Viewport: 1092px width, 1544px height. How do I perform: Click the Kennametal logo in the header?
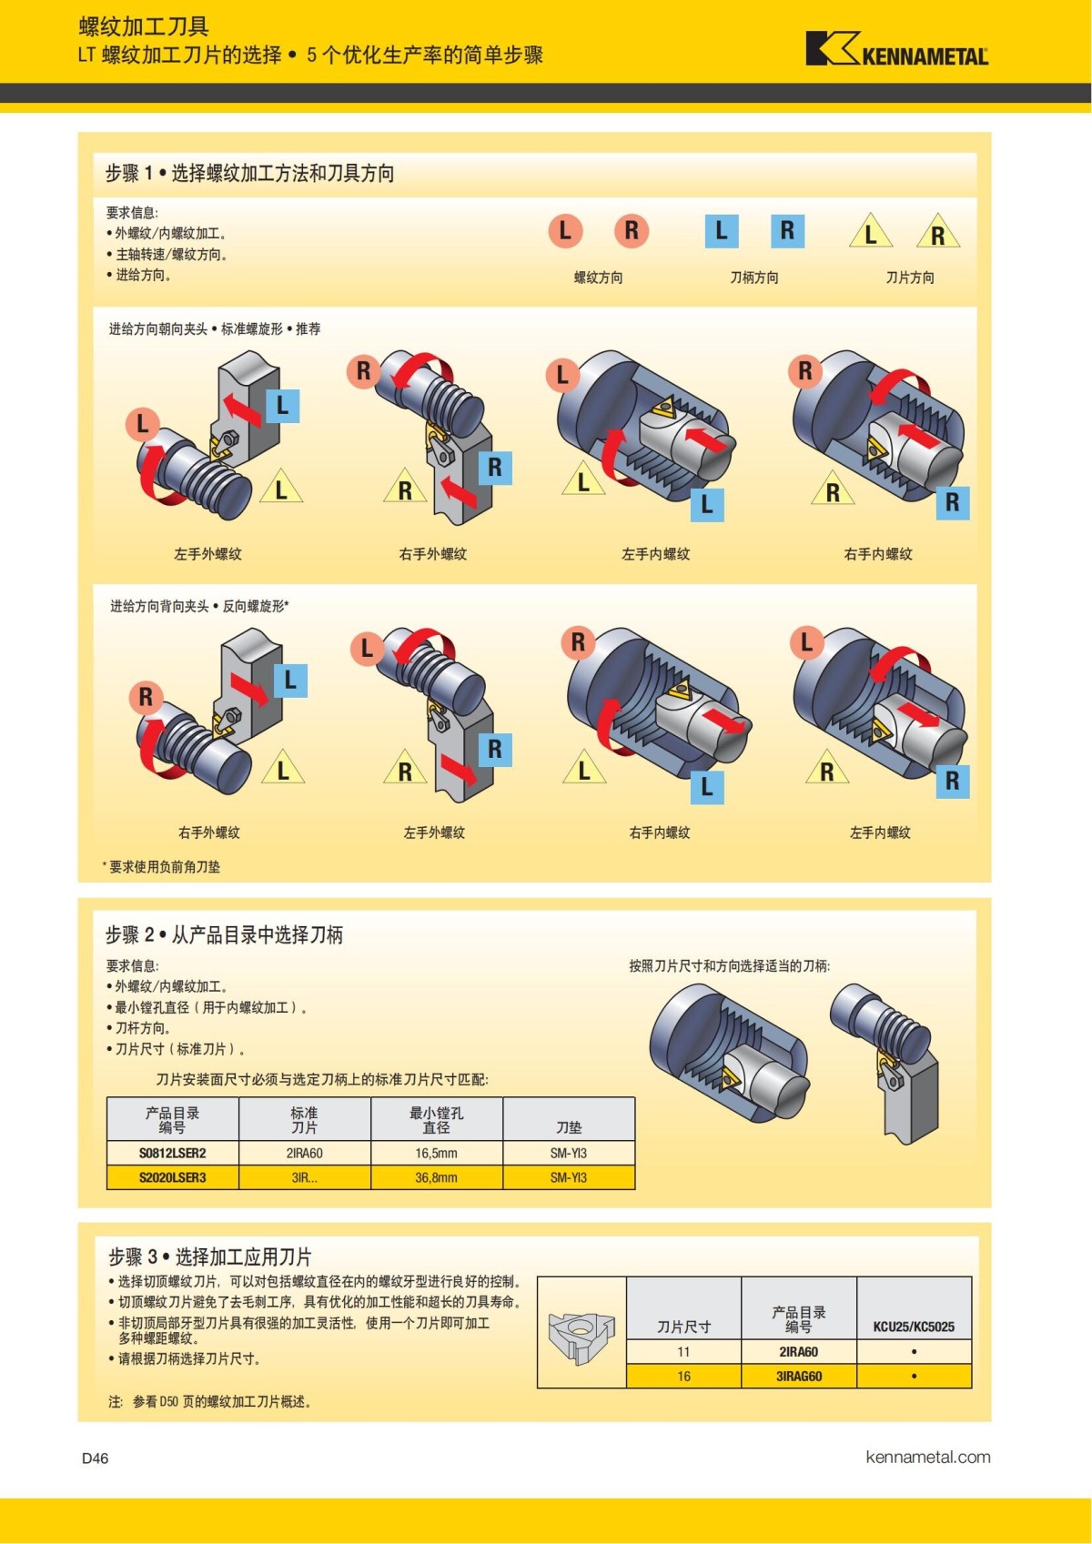pos(896,49)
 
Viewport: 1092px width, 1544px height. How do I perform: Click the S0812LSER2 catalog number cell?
pos(173,1153)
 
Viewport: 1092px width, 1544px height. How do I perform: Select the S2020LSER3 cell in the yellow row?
pos(173,1177)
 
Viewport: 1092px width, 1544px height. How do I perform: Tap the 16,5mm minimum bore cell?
pos(437,1153)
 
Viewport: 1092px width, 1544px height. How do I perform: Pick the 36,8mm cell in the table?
pos(437,1177)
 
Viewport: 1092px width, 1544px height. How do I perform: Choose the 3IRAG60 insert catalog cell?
pos(799,1376)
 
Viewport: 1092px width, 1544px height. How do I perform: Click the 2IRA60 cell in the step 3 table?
pos(799,1352)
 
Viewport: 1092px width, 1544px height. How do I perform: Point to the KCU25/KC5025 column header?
pos(914,1327)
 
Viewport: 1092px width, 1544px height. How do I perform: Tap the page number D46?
pos(96,1458)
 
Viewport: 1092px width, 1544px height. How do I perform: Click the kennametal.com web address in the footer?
pos(928,1457)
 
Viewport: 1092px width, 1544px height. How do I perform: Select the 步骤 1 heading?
pos(249,173)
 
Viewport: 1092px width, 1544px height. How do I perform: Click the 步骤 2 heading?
pos(224,934)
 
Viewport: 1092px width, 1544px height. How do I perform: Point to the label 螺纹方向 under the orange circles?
pos(599,278)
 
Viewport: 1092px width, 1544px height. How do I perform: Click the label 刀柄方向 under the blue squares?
pos(754,278)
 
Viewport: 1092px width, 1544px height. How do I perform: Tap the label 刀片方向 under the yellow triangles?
pos(910,278)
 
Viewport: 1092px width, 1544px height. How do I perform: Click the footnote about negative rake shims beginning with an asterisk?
pos(162,867)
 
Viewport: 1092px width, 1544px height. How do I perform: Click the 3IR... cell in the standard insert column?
pos(305,1177)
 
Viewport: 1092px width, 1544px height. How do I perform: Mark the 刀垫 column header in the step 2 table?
pos(569,1127)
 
